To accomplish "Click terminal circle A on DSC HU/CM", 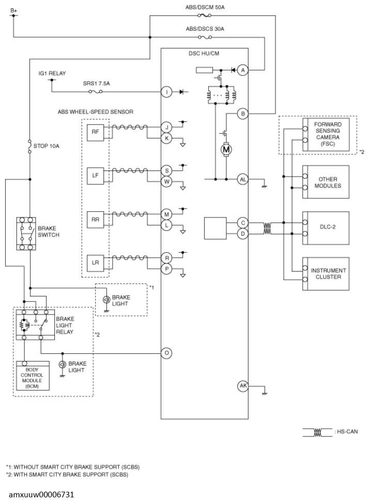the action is point(243,70).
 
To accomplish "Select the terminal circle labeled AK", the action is point(243,385).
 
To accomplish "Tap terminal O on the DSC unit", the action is point(166,353).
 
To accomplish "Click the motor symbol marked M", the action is point(226,149).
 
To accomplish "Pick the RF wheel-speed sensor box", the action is point(96,132).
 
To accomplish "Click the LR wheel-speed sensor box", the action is point(96,263).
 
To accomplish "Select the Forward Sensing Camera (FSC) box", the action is point(326,134).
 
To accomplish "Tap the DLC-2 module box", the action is point(326,228).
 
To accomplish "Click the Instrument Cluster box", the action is point(326,274).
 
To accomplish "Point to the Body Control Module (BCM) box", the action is point(33,376).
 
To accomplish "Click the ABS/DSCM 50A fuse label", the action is point(205,7).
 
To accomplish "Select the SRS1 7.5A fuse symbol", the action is point(96,92).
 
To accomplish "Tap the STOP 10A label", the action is point(47,146).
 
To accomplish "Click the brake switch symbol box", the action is point(26,234).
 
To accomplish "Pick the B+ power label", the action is point(14,10).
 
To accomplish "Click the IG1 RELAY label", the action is point(52,73).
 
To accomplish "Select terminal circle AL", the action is point(243,179).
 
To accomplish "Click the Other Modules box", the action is point(326,182).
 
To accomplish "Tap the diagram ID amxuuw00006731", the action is point(41,495).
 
